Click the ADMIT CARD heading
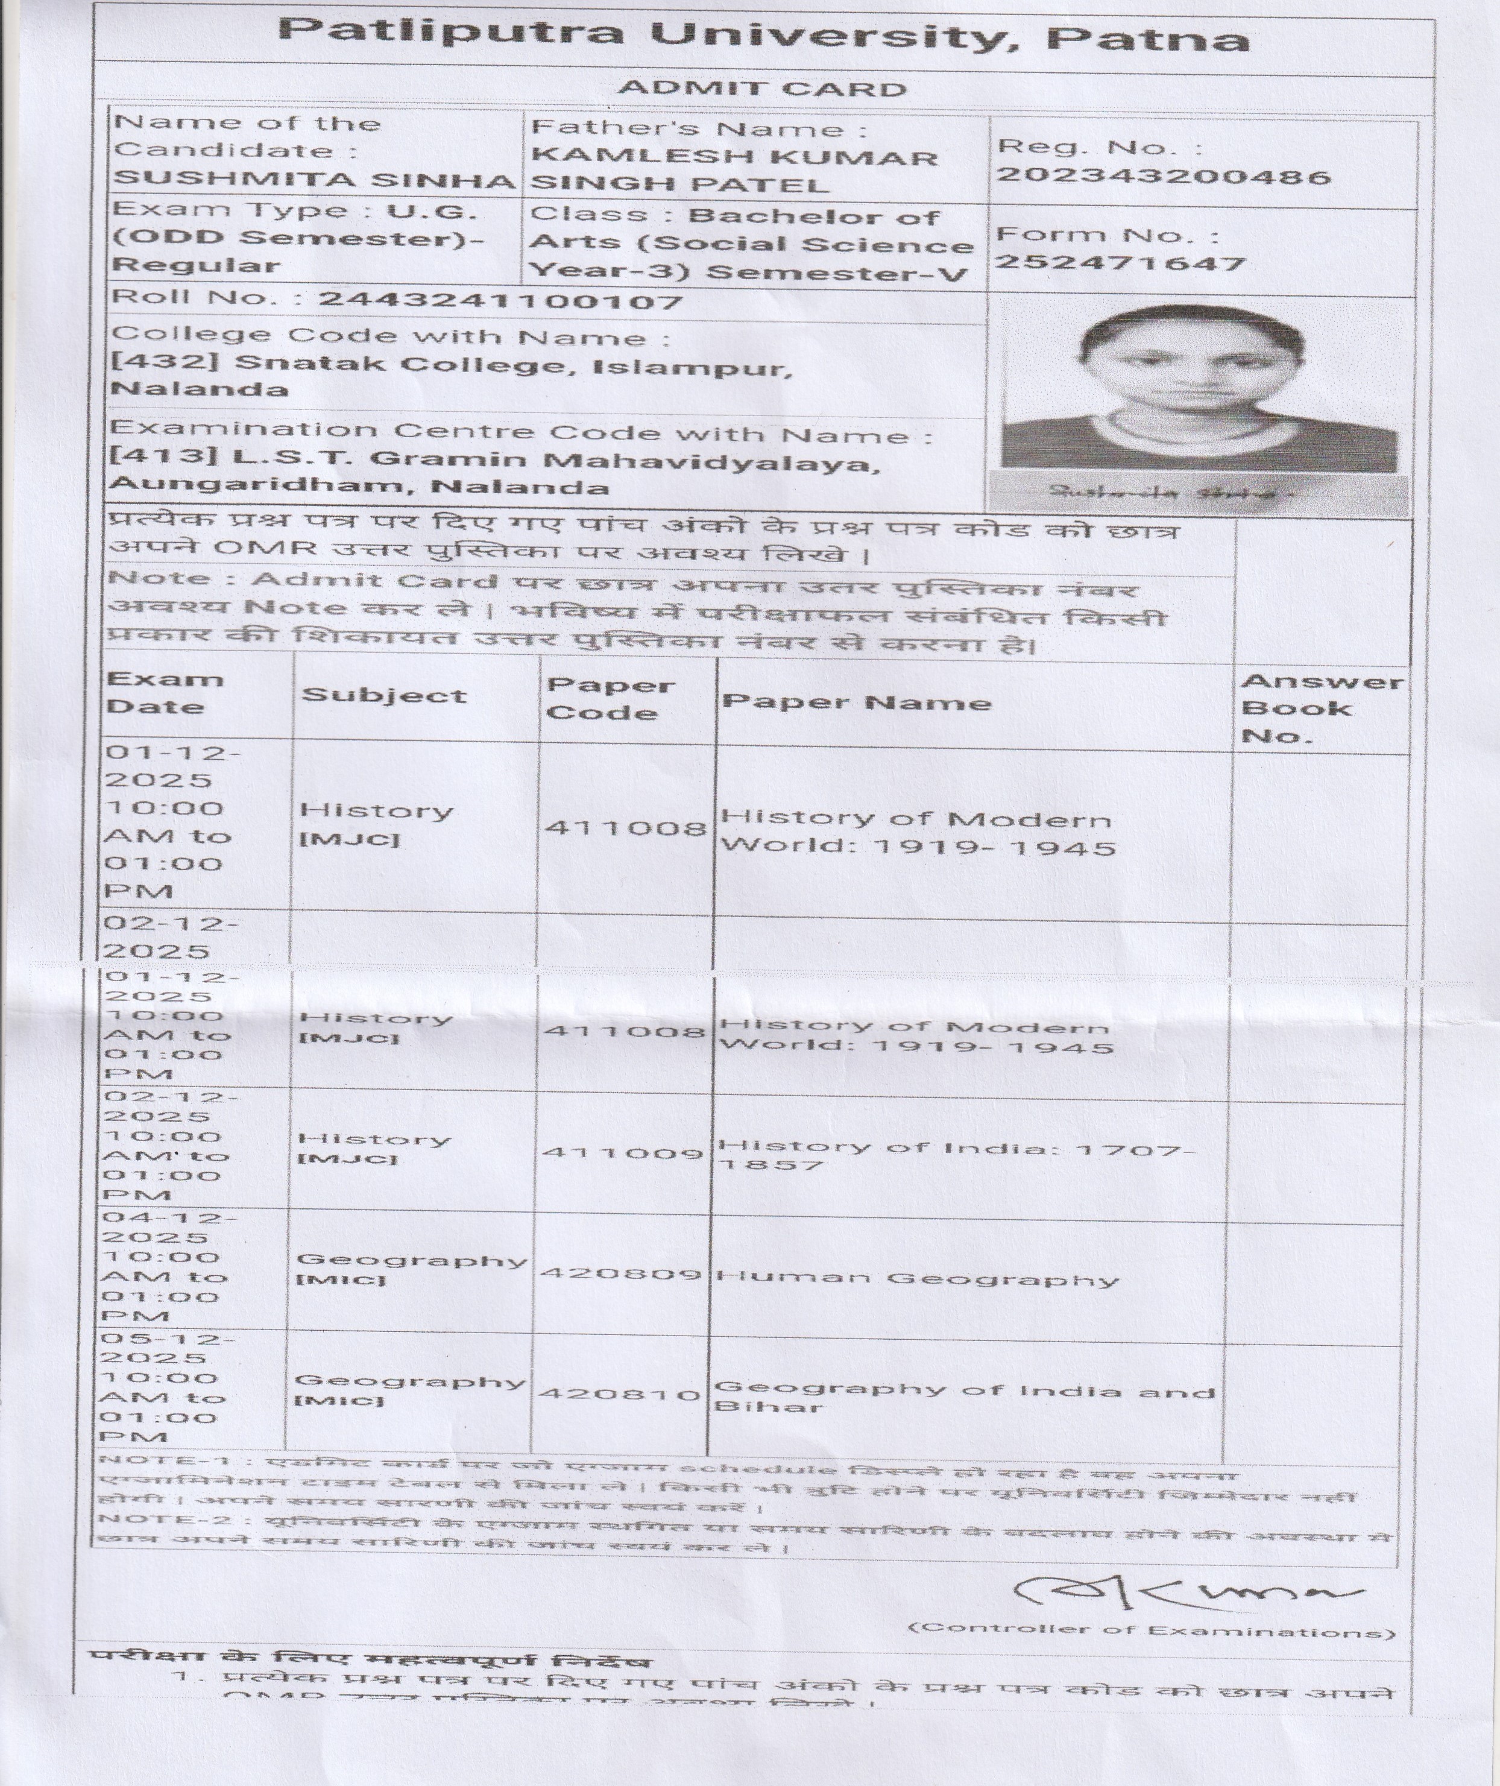pos(762,89)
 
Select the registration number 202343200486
pos(1163,176)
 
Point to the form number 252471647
pos(1120,263)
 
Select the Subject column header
pos(383,696)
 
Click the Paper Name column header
pos(856,702)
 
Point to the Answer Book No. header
pos(1320,708)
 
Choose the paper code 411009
pos(623,1153)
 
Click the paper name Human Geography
pos(916,1278)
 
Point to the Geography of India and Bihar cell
pos(963,1397)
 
